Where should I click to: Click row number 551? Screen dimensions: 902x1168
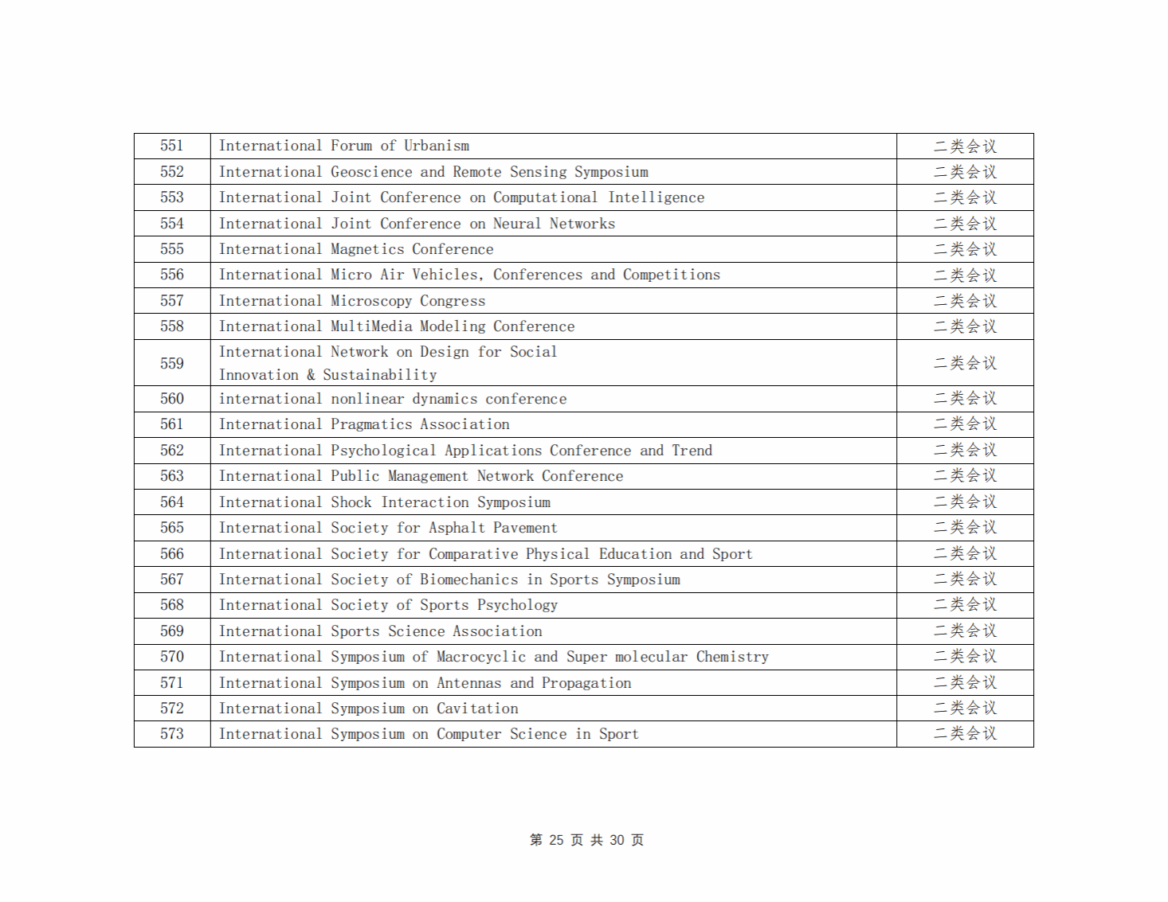coord(172,146)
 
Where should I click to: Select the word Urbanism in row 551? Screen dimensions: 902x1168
coord(436,146)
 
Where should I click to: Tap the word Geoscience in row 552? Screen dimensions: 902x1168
coord(371,172)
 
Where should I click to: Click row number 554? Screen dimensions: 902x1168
coord(172,224)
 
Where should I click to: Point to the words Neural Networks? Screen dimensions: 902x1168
coord(554,224)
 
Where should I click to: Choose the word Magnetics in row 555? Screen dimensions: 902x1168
coord(367,249)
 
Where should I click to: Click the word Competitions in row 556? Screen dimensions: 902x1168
coord(671,275)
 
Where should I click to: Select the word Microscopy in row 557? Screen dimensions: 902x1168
coord(371,301)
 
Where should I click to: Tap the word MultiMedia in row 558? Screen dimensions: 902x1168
coord(371,326)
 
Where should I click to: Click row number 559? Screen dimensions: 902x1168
coord(172,364)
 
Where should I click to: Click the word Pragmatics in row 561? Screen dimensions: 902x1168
coord(371,424)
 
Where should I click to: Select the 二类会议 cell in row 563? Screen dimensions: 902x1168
coord(965,476)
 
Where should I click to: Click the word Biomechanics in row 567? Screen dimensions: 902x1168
coord(468,580)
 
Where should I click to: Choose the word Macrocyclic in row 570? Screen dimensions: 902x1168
coord(480,657)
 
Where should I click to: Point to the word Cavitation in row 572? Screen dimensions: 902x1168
coord(477,709)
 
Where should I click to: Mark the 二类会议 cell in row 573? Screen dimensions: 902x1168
coord(965,734)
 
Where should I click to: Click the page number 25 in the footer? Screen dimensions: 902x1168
coord(556,840)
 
